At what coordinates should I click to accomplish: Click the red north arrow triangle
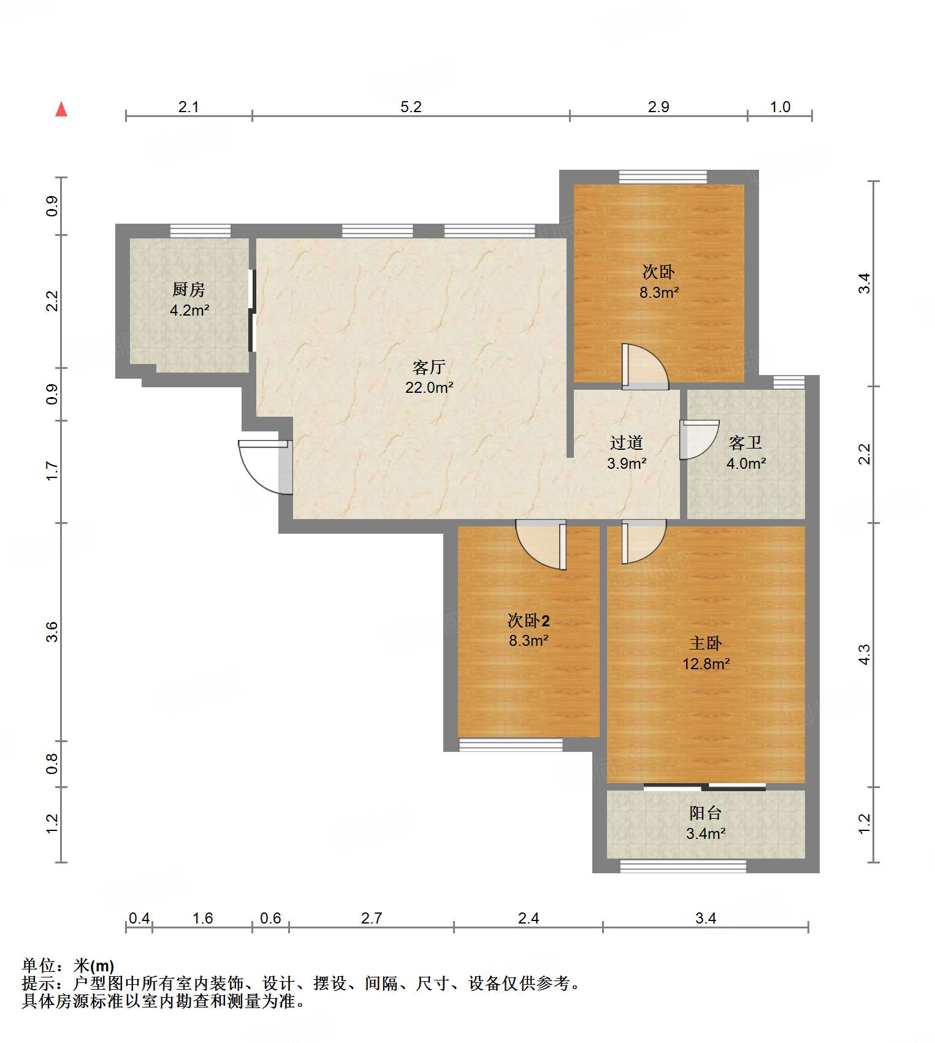pos(61,109)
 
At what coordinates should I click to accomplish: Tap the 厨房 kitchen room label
pos(189,289)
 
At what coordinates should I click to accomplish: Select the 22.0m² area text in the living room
pos(429,387)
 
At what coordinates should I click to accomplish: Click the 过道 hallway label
pos(627,442)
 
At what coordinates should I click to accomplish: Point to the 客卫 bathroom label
pos(746,442)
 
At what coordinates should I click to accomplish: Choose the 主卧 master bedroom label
pos(706,643)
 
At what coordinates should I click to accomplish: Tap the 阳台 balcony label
pos(706,813)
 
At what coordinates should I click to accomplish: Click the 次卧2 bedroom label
pos(529,621)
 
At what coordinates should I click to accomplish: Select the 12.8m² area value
pos(706,664)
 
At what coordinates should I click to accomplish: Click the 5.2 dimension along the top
pos(411,107)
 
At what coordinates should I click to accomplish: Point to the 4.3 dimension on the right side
pos(864,654)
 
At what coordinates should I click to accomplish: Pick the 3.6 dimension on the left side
pos(52,632)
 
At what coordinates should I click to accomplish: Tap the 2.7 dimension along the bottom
pos(372,918)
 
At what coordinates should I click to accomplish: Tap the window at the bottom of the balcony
pos(683,866)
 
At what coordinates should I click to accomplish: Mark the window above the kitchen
pos(200,231)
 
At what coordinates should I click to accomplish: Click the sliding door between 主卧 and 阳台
pos(705,787)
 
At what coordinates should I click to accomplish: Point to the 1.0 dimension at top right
pos(780,107)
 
